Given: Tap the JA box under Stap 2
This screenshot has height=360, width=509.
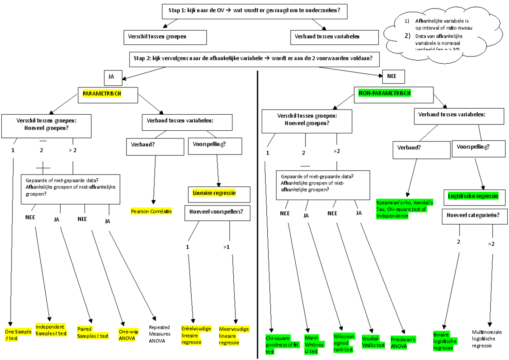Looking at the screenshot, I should pos(112,77).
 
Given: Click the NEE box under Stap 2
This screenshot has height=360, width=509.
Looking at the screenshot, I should pos(392,77).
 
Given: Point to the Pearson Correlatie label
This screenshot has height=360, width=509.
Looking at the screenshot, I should pos(151,211).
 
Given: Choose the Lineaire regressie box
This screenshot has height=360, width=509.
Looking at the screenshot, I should pos(218,193).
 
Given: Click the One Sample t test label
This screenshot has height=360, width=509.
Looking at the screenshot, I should pos(18,335).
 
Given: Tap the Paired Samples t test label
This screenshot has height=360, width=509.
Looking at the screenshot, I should pos(92,332).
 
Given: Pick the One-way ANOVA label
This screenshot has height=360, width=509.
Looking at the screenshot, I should pos(128,335).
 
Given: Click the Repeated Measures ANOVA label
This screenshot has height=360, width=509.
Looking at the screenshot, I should pos(159,334).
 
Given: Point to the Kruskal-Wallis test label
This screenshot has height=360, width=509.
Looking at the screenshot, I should pos(374,342).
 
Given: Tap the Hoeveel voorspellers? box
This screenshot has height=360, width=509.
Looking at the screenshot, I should pos(217,214).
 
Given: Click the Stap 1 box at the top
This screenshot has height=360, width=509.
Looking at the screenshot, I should pos(255,11).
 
